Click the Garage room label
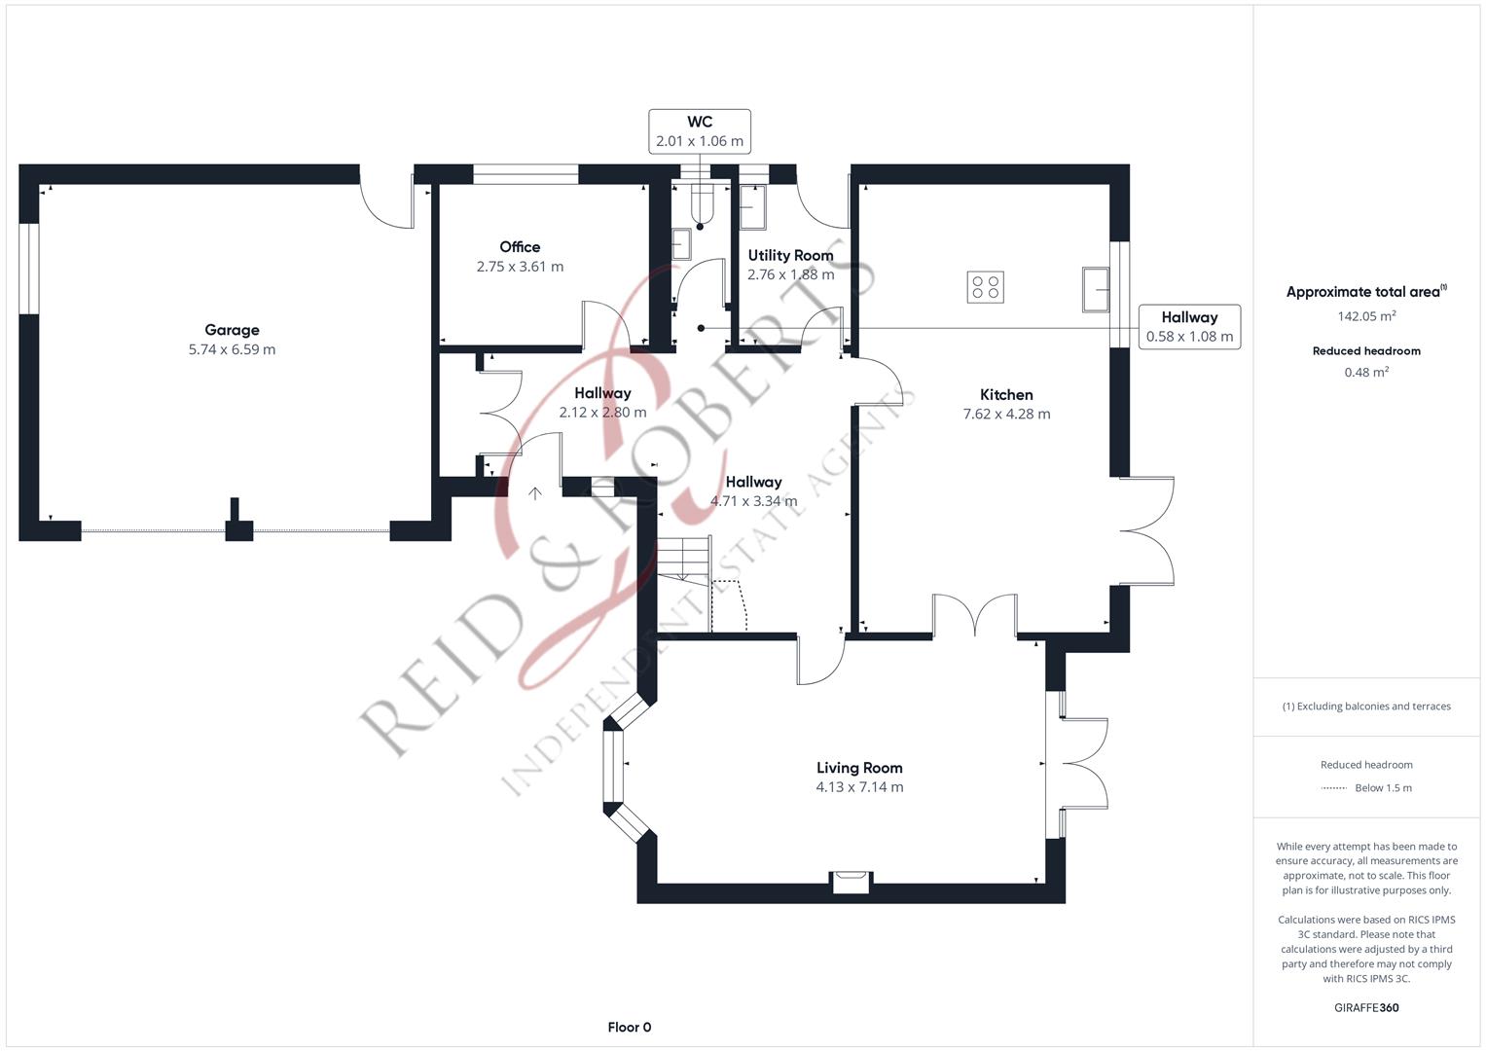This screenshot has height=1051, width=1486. [232, 330]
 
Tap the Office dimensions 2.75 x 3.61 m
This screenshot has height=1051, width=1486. [520, 267]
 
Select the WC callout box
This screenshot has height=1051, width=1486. [700, 131]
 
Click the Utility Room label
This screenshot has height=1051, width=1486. [791, 255]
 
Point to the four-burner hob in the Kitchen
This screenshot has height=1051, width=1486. [985, 287]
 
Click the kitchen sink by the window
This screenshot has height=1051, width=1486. [1095, 289]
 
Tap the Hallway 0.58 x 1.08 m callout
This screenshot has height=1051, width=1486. [1189, 326]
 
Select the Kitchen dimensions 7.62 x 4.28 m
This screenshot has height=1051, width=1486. [1006, 414]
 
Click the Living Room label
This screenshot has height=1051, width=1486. [859, 768]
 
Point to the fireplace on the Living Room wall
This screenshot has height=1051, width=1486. [852, 882]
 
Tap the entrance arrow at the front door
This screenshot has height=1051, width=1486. [534, 493]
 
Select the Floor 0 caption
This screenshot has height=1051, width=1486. [630, 1027]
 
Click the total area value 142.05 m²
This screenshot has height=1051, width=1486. [1366, 316]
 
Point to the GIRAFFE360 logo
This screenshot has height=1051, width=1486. [1366, 1007]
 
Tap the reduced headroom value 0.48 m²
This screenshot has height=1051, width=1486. [1366, 372]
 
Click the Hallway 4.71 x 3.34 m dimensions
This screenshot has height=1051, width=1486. [753, 501]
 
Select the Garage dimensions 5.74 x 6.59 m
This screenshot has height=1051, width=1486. [232, 349]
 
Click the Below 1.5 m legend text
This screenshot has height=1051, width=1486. [1383, 788]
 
